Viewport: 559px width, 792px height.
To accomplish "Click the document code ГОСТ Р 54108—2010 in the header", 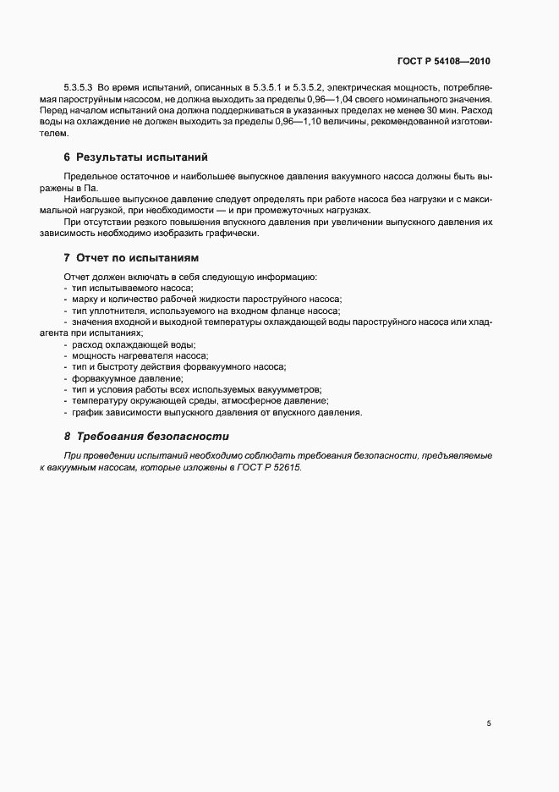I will click(x=443, y=61).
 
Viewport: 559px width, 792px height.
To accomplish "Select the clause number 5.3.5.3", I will click(x=79, y=86).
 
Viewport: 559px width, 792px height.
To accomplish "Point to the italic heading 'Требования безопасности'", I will click(x=152, y=437).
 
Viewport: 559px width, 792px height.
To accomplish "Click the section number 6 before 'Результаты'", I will click(x=67, y=157).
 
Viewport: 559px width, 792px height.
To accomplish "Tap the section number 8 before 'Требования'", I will click(x=67, y=437).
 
